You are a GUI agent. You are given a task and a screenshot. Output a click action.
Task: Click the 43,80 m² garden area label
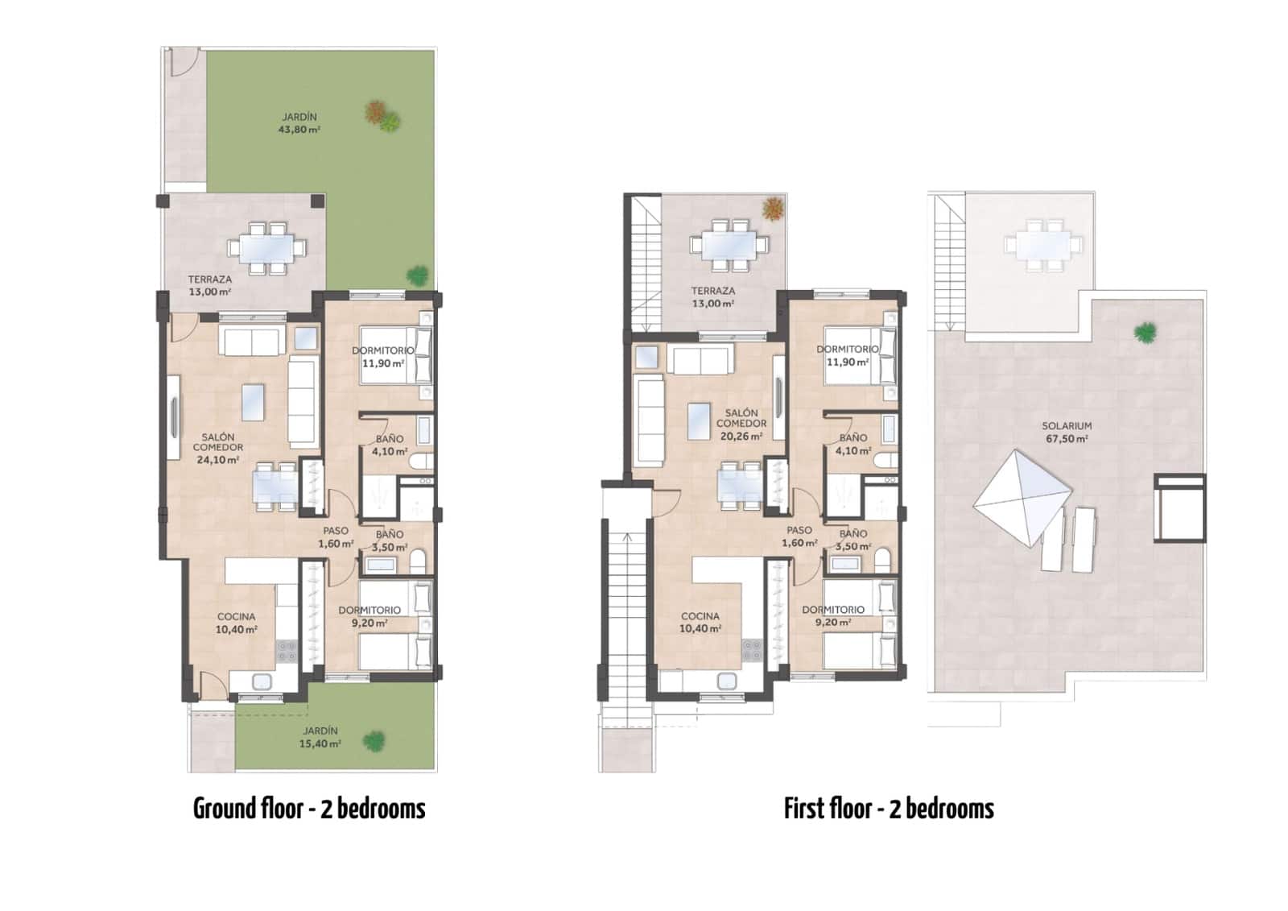point(299,123)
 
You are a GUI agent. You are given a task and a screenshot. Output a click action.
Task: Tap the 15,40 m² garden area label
point(320,737)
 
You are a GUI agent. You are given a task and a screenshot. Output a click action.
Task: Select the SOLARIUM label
point(1067,433)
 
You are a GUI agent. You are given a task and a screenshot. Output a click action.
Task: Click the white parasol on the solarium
point(1022,499)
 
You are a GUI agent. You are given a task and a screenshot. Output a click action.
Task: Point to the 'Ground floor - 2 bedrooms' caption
point(309,809)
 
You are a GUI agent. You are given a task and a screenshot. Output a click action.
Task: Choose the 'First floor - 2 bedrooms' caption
point(889,809)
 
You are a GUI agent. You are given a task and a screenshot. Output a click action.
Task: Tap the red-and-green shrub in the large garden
point(382,116)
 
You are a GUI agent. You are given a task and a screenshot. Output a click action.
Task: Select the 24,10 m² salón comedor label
point(218,449)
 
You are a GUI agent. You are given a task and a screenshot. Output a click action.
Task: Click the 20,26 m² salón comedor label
point(741,424)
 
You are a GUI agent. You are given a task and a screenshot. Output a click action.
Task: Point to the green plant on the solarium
point(1145,332)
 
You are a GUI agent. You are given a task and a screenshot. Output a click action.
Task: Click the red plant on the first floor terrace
point(774,209)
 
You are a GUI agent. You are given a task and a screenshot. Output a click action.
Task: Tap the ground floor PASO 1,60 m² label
point(336,537)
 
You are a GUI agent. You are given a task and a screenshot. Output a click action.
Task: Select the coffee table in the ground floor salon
point(254,402)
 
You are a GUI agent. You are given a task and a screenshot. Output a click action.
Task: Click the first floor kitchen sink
point(727,681)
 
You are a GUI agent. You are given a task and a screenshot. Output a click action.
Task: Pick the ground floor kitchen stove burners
point(287,652)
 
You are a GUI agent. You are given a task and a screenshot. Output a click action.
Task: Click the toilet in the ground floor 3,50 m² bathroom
point(418,561)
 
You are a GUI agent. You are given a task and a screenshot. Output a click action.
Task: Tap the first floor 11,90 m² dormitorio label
point(847,356)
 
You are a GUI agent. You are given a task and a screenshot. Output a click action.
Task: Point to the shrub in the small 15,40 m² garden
point(374,741)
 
